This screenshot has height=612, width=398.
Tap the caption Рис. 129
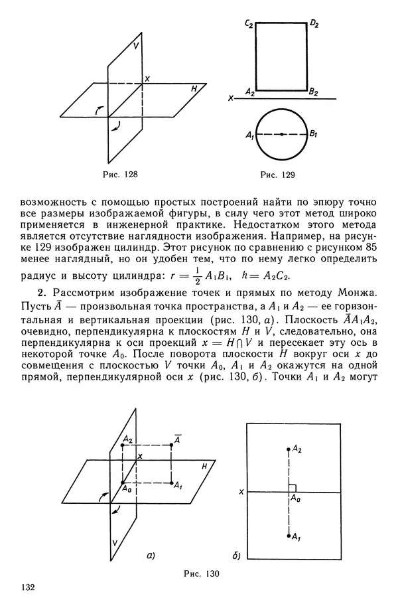277,175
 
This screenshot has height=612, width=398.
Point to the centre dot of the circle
282,135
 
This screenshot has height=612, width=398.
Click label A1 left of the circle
249,136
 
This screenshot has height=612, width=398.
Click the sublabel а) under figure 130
151,555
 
